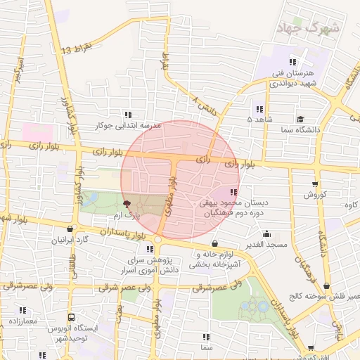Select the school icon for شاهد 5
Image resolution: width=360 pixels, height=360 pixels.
(x=259, y=109)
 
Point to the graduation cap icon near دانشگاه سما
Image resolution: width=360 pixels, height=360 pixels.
(x=300, y=120)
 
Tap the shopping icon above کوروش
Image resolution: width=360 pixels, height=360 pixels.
(x=314, y=184)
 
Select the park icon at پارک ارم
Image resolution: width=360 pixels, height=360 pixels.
(x=127, y=202)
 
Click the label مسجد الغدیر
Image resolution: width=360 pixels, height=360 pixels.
(x=266, y=244)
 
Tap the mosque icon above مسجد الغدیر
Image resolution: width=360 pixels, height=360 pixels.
(x=266, y=233)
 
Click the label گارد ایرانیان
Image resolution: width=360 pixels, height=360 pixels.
(x=70, y=240)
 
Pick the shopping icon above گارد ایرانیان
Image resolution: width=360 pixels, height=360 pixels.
(x=70, y=229)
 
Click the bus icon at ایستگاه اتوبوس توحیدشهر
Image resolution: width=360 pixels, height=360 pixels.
(x=70, y=318)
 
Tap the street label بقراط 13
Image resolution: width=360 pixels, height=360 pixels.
(x=77, y=49)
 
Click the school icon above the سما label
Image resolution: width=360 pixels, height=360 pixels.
(x=205, y=337)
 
